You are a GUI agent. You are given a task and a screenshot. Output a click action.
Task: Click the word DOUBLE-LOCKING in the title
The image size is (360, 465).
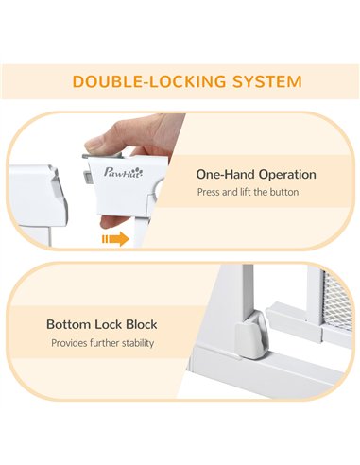tap(149, 81)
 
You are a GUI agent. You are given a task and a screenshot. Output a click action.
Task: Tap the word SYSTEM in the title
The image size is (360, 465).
tap(267, 81)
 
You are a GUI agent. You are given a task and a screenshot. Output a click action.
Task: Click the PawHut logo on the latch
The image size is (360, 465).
tap(123, 172)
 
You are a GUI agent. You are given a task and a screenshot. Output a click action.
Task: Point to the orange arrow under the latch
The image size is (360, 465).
tap(115, 239)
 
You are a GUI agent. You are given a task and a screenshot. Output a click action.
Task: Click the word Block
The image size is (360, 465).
tap(142, 324)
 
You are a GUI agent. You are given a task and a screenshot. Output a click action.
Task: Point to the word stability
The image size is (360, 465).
tap(138, 343)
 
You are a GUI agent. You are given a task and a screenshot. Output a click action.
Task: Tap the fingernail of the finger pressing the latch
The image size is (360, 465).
tap(94, 146)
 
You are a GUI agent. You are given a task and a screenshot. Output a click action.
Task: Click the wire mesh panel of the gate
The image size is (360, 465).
tap(337, 302)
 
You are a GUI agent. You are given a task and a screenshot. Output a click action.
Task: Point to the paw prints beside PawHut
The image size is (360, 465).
tap(140, 171)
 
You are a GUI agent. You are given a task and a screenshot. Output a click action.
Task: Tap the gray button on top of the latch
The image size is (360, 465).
tap(102, 155)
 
